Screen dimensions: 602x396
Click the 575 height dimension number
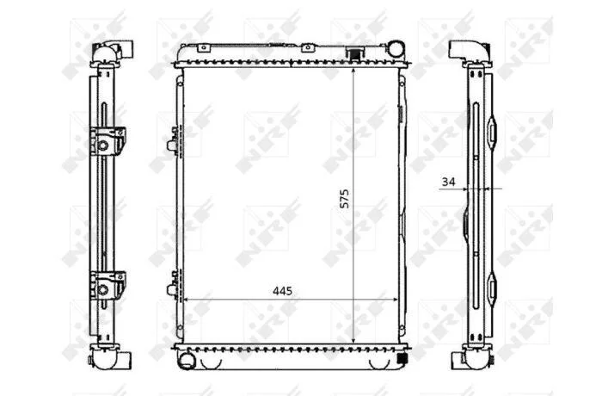345,198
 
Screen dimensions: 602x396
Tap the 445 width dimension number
282,291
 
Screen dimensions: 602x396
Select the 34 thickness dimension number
448,182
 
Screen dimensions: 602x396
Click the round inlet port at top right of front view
396,48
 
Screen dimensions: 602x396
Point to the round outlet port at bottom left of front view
187,361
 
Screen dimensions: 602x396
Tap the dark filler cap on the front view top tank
353,53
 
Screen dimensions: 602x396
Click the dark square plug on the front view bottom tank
402,358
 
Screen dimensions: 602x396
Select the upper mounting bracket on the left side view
107,141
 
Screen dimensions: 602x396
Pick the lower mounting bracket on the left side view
107,286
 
